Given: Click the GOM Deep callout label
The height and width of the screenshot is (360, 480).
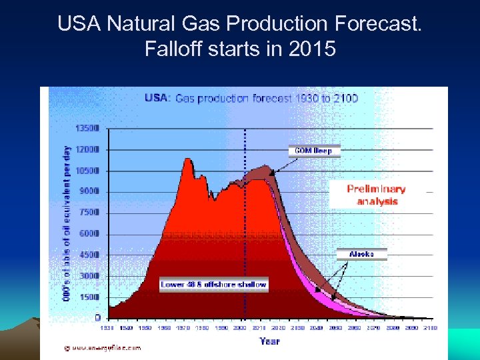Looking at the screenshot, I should [313, 151].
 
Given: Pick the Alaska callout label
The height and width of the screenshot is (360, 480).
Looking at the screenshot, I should [361, 254].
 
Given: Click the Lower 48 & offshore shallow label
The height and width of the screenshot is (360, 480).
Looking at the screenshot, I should [214, 285].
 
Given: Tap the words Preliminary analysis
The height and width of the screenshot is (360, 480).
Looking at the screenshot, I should [377, 195].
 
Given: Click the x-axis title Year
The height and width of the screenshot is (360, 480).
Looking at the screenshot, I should [270, 341].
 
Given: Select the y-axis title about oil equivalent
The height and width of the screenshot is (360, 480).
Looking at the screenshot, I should [67, 223].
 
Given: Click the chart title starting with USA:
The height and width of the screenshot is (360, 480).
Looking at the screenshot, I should [251, 98].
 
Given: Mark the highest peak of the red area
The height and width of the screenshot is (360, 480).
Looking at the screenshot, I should [188, 159].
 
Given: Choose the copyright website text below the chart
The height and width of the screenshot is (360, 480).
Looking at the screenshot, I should [107, 347].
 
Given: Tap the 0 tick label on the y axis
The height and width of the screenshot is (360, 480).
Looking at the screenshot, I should [97, 318].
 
